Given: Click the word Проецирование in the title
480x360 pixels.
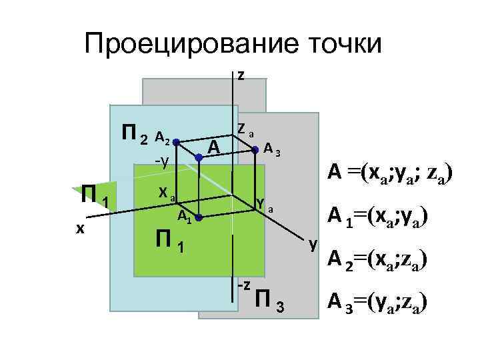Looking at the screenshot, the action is point(183,45).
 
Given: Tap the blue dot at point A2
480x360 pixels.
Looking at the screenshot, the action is point(176,142).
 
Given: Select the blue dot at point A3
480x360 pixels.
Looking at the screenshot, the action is point(256,151).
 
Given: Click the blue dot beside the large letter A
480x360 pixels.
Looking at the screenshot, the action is point(199,157).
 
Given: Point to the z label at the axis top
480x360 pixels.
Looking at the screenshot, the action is point(241,75).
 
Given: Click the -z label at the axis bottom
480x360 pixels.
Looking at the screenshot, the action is point(243,285).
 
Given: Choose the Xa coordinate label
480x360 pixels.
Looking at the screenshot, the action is point(165,193).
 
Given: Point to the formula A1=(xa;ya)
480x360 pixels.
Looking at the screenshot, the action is point(377,217).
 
